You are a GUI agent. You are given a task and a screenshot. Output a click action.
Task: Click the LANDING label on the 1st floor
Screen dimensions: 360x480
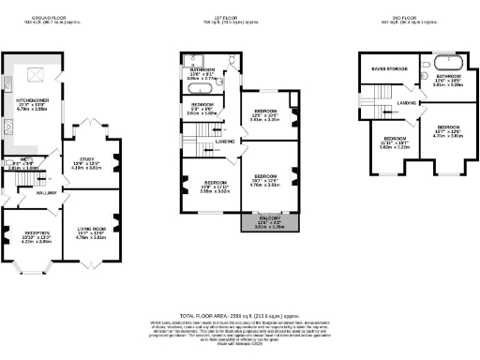(x=225, y=142)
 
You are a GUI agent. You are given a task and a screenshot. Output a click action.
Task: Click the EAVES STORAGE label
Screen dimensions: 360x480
(x=386, y=68)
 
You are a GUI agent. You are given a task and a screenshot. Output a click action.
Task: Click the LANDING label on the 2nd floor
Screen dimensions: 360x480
(x=406, y=103)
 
